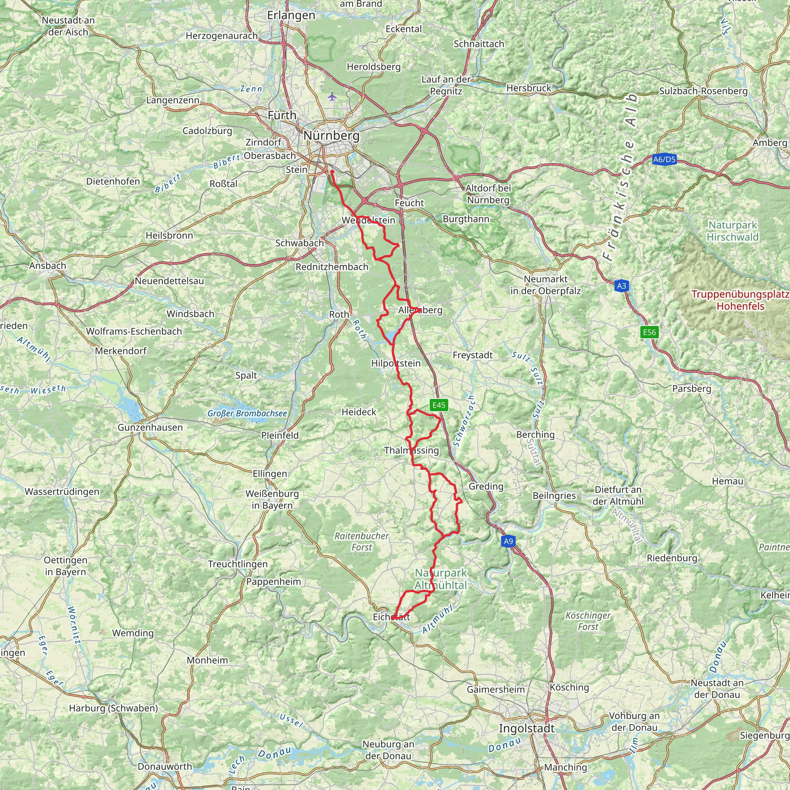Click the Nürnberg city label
[x=331, y=135]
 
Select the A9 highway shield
[x=508, y=541]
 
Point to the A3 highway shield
[x=621, y=286]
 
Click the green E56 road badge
[x=649, y=332]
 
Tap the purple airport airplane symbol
[x=332, y=97]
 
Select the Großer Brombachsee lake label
[x=247, y=414]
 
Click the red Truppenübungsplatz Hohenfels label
[x=740, y=300]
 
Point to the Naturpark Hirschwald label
[x=733, y=231]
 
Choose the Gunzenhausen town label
[x=150, y=427]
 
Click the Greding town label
[x=486, y=486]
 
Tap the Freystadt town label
[x=472, y=355]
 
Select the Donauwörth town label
[x=165, y=766]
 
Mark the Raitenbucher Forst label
[x=361, y=541]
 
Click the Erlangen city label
[x=291, y=15]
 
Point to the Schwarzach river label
[x=464, y=421]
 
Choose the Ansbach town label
[x=47, y=265]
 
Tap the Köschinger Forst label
[x=587, y=621]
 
